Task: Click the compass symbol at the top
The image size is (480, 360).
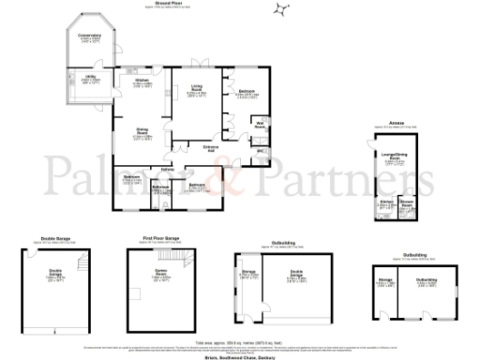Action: coord(280,10)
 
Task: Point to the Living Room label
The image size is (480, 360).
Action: coord(197,90)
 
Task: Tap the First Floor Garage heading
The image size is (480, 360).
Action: coord(161,239)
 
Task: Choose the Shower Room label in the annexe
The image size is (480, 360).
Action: coord(406,202)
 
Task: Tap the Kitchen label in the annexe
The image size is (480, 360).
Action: coord(385,202)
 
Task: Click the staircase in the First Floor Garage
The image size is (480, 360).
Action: coord(169,257)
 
